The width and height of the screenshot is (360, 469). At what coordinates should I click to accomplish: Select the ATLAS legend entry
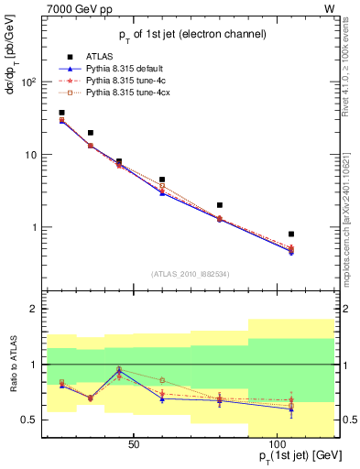(x=100, y=56)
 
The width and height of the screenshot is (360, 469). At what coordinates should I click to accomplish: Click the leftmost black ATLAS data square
(x=61, y=113)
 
